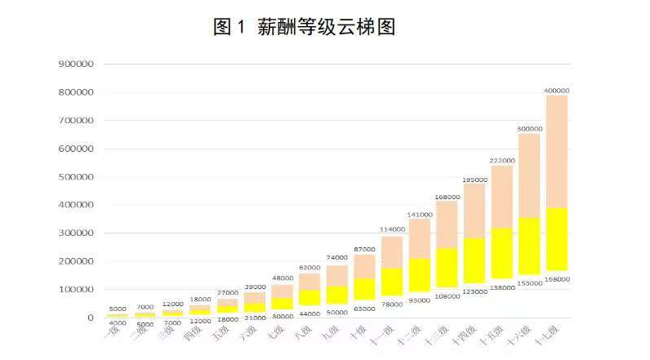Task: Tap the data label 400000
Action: [557, 90]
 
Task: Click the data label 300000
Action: [530, 128]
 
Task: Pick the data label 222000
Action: [502, 160]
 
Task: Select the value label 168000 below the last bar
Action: [557, 279]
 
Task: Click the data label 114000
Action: [393, 229]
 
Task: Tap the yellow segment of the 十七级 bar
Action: [557, 238]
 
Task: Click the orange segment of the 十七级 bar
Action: [557, 151]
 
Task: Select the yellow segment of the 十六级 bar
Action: [530, 245]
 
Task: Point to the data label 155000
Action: [530, 282]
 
